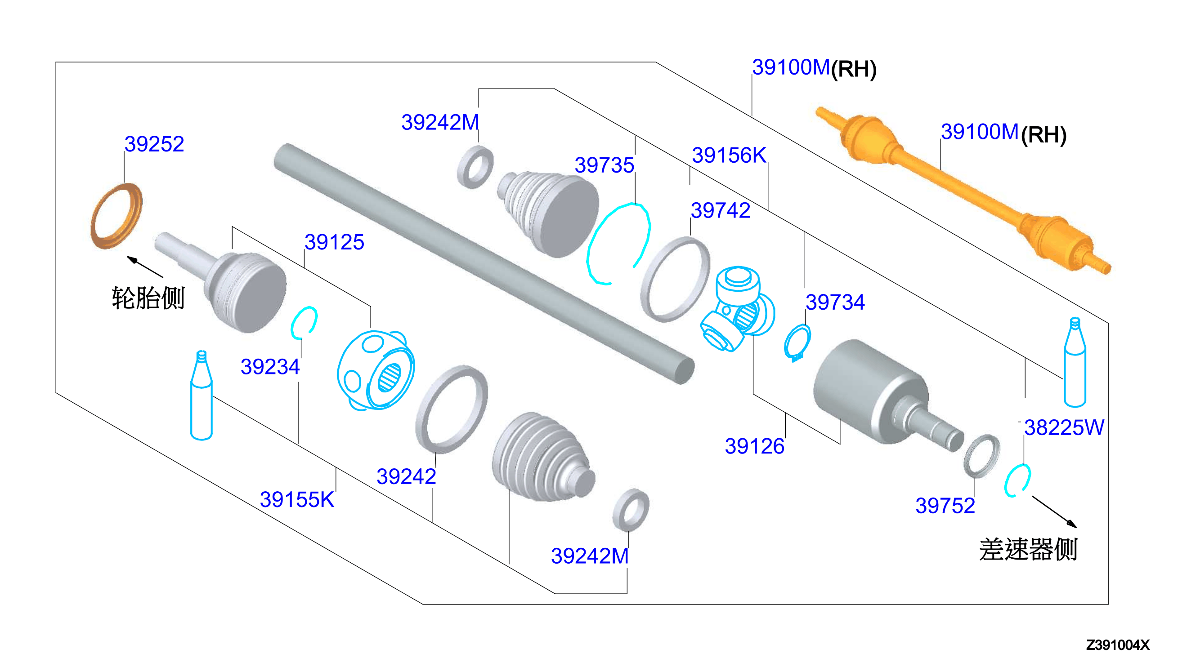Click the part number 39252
click(x=154, y=144)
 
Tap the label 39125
click(x=334, y=242)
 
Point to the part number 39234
click(x=270, y=366)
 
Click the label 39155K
click(x=297, y=499)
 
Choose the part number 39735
click(x=604, y=165)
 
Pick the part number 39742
click(x=720, y=210)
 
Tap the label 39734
click(x=835, y=302)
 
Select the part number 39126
click(x=754, y=446)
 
